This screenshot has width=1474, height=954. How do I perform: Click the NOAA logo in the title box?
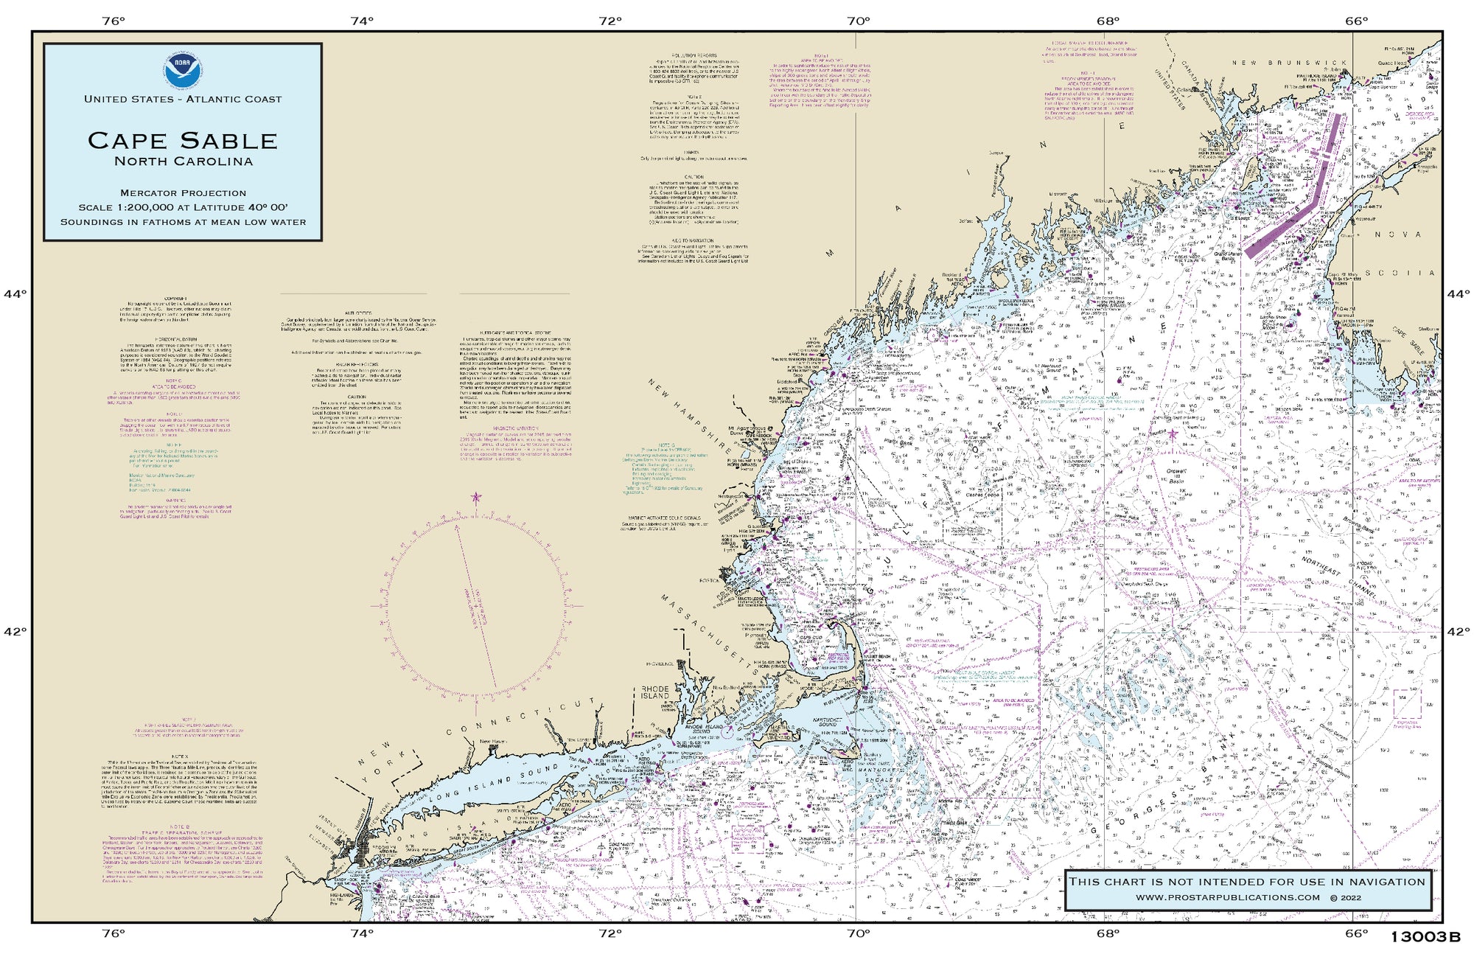[182, 69]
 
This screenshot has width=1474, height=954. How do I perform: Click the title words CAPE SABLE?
[182, 140]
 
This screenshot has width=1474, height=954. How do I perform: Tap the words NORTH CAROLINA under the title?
[183, 161]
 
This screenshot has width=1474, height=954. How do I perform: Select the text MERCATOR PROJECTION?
[183, 193]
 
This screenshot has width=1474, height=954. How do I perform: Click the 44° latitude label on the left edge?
[15, 294]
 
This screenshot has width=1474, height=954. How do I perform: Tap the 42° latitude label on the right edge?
[1458, 632]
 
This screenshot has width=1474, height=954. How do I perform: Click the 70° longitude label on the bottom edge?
[858, 933]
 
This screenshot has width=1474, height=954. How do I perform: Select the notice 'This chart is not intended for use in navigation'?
[1247, 882]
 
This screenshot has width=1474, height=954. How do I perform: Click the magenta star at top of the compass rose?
[475, 497]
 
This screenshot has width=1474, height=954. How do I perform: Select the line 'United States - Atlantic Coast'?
[183, 100]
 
